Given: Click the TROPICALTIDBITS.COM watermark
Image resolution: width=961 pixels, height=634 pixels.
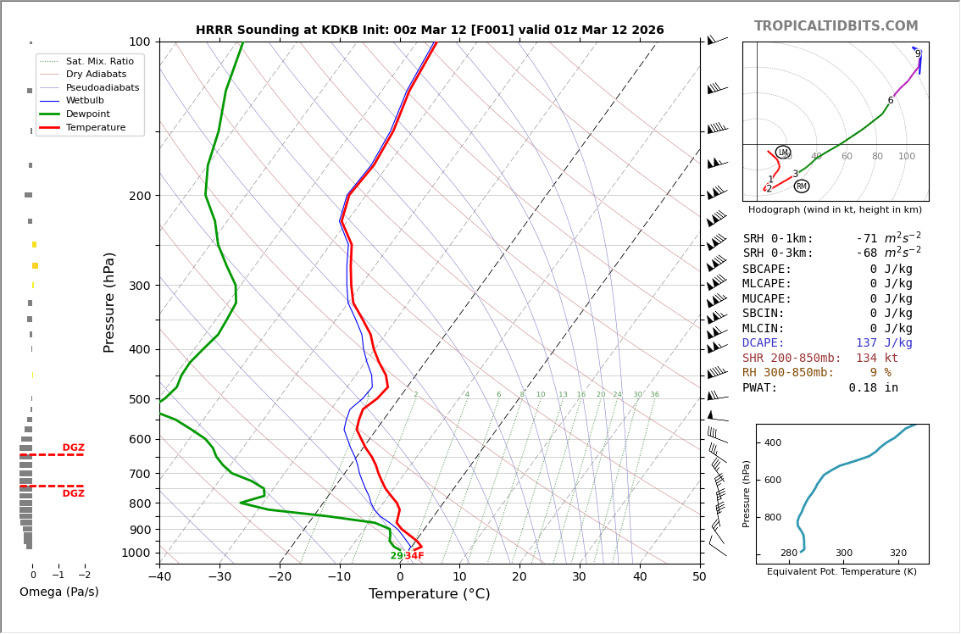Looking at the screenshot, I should point(836,26).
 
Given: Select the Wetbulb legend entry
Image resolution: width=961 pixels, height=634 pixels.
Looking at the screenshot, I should point(84,100).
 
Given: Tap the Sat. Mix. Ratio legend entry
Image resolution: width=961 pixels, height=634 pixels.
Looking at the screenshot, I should point(99,61).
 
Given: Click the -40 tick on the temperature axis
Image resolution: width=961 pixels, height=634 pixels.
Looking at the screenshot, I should point(159,577).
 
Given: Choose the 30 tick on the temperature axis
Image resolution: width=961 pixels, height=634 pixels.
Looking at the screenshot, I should point(580,577).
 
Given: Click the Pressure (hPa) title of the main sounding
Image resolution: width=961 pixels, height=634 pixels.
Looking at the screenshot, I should point(110,302).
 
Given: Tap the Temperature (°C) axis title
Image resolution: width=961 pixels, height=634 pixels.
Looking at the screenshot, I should point(429,595).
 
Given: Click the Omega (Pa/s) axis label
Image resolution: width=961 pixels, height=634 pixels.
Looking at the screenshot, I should point(58,592).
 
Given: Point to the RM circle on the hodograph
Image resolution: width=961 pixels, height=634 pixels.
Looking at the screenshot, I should point(802,186).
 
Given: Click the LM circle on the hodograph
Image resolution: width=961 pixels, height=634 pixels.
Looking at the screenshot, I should point(783,153).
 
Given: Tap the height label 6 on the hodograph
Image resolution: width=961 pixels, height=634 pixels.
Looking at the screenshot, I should point(890,101).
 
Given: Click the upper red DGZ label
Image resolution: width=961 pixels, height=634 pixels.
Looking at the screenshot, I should point(73,448).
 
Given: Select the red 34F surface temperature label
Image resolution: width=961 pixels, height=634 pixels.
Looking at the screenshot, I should point(414,556).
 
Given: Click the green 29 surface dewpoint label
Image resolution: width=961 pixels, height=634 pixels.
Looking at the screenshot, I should point(397,556).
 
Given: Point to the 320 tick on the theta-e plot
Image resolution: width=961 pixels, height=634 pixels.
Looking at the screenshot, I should point(897,553).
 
